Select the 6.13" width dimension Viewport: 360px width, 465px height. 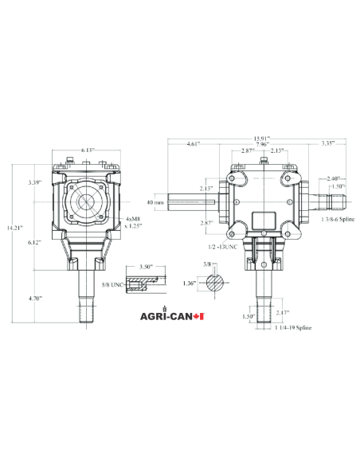click(x=88, y=150)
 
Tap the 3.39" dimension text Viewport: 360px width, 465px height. click(x=33, y=182)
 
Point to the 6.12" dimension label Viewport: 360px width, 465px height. click(x=33, y=241)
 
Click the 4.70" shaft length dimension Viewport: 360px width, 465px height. click(x=33, y=298)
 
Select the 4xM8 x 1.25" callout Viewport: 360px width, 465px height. click(x=134, y=222)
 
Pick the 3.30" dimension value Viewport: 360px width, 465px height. click(x=146, y=267)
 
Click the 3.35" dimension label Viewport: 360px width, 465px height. click(x=328, y=144)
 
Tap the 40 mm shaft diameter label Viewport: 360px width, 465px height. click(x=157, y=202)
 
